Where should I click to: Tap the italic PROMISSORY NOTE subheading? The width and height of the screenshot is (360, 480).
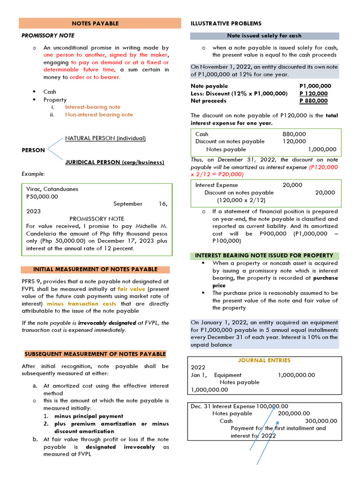click(x=48, y=36)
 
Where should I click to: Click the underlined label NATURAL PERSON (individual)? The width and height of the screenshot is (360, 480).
click(x=105, y=138)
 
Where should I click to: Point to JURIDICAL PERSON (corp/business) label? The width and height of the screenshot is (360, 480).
click(x=114, y=162)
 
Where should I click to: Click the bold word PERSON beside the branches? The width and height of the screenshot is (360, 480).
click(x=33, y=150)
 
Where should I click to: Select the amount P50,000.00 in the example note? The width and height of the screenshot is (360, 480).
click(x=42, y=196)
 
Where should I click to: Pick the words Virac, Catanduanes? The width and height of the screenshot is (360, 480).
click(x=52, y=189)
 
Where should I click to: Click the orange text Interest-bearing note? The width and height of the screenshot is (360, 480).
click(x=92, y=107)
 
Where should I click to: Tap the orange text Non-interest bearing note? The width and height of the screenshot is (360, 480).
click(x=98, y=114)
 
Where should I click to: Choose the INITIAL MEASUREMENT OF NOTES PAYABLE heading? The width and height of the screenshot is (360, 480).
click(x=95, y=270)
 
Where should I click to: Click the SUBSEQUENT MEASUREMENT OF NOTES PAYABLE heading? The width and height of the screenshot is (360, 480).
click(x=94, y=354)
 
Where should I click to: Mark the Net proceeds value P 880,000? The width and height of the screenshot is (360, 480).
click(x=314, y=101)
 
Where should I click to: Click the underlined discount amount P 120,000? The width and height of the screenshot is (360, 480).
click(x=314, y=93)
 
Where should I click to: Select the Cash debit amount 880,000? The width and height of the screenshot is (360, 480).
click(x=294, y=134)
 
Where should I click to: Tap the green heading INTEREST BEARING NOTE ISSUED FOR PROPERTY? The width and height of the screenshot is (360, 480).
click(x=264, y=255)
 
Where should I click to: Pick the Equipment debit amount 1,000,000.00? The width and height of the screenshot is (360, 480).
click(x=296, y=375)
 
